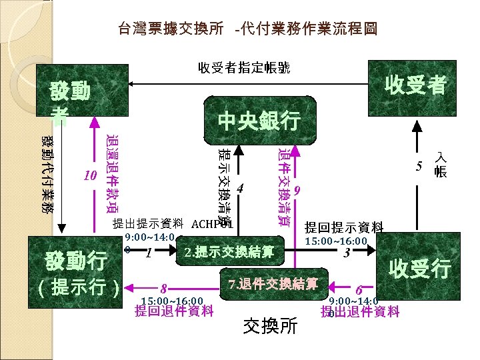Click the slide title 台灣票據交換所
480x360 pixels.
[173, 29]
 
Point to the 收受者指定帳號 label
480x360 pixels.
[244, 67]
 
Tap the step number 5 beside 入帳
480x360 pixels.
[419, 166]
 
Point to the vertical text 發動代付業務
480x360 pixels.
[48, 174]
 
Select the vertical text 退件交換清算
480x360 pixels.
[283, 187]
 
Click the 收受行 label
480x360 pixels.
[419, 269]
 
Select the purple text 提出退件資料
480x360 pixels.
[360, 311]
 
